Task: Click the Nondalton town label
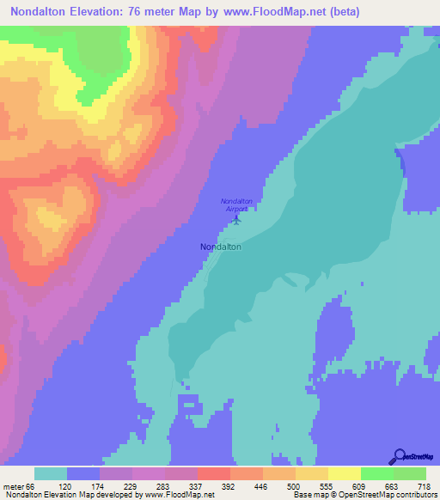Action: (x=220, y=247)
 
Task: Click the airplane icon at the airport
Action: (x=237, y=218)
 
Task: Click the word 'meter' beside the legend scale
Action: (x=14, y=485)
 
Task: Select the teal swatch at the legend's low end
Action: (x=50, y=473)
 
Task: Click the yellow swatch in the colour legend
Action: (x=343, y=473)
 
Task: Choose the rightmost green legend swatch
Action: (x=409, y=473)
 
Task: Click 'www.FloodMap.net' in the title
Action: (x=278, y=12)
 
